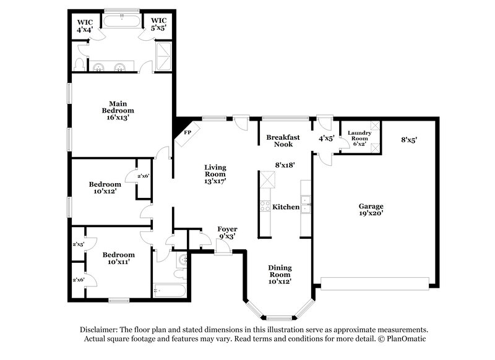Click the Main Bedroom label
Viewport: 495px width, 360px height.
(x=118, y=109)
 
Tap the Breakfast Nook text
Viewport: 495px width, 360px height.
(x=283, y=140)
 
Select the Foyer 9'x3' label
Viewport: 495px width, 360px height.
(x=227, y=233)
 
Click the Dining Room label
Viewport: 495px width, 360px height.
(x=280, y=274)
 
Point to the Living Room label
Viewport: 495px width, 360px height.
(x=215, y=174)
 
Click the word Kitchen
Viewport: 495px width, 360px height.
(x=286, y=207)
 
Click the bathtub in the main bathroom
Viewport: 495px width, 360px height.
(x=121, y=20)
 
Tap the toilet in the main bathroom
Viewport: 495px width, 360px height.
(x=79, y=64)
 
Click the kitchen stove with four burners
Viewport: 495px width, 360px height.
(x=265, y=207)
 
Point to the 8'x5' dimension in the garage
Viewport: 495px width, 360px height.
(x=409, y=140)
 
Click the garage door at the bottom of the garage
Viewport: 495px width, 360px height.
(x=374, y=283)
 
